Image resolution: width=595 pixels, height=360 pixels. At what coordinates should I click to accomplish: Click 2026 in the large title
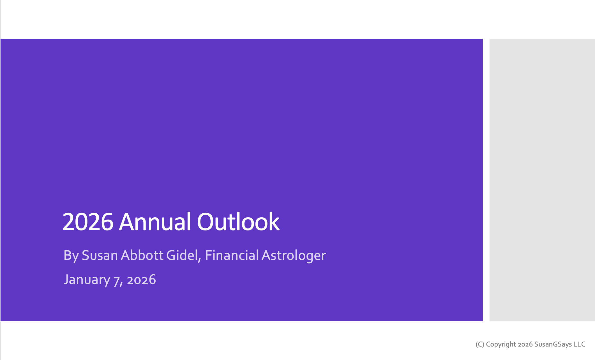pos(88,222)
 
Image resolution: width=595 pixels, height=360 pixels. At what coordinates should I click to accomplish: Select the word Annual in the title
pos(155,222)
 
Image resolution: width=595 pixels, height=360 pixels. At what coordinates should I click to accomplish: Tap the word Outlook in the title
pos(238,222)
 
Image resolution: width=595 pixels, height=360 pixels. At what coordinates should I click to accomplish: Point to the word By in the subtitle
pos(71,255)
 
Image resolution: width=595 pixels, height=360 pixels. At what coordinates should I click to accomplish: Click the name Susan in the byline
pos(100,255)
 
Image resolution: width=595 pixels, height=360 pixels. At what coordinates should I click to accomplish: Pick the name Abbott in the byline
pos(142,255)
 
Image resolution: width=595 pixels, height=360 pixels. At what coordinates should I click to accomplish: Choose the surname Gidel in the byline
pos(182,255)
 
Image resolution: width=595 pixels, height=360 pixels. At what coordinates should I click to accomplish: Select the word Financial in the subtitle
pos(232,255)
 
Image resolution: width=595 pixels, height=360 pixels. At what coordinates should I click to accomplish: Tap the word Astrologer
pos(294,255)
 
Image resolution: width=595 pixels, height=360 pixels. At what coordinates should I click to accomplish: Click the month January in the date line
pos(87,280)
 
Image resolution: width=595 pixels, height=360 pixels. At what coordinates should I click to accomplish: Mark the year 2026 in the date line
pos(141,280)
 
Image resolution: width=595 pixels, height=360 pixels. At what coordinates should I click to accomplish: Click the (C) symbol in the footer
pos(480,344)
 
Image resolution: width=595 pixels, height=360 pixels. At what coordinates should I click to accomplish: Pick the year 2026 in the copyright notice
pos(525,344)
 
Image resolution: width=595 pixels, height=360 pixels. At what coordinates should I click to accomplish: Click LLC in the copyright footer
pos(579,344)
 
